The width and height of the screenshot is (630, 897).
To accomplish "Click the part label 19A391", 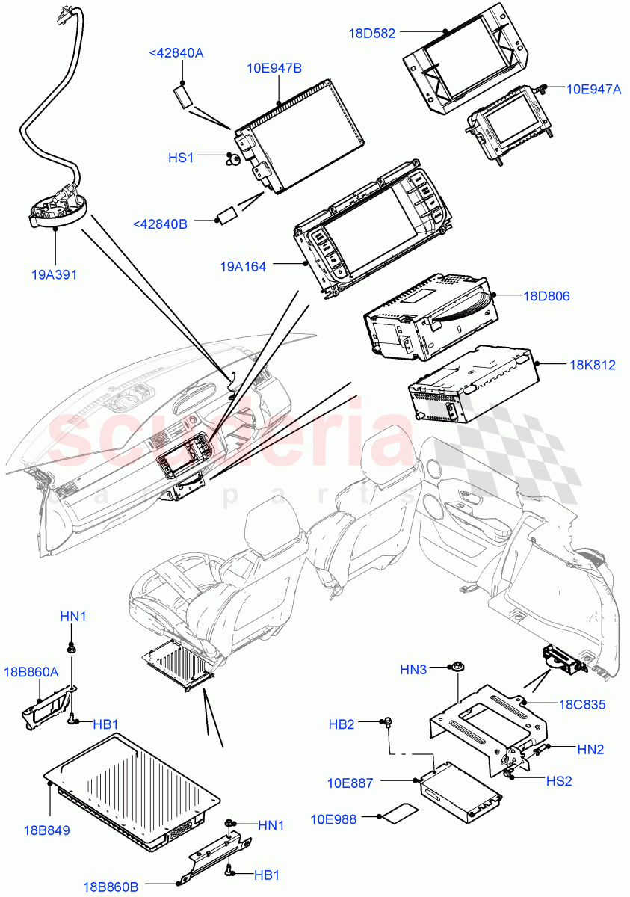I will click(54, 274).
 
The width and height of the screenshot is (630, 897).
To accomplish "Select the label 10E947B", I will click(274, 68).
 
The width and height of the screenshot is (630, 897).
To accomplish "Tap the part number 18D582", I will click(372, 33).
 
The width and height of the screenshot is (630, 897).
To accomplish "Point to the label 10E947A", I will click(593, 89).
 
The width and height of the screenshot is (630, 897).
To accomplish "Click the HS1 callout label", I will click(181, 158).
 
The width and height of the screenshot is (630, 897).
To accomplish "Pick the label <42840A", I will click(176, 53).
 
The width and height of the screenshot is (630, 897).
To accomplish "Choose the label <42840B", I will click(159, 224).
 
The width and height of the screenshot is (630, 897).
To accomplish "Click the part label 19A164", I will click(243, 265).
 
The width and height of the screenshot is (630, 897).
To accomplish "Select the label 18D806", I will click(547, 296).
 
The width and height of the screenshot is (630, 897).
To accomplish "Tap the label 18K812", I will click(593, 365).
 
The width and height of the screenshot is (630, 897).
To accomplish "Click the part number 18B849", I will click(46, 830).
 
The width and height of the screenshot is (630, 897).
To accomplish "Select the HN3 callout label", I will click(413, 671).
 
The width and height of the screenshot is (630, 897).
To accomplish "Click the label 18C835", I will click(583, 704).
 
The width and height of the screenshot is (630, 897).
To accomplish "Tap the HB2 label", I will click(342, 724).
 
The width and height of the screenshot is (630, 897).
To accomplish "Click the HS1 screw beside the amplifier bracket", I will click(232, 158).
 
